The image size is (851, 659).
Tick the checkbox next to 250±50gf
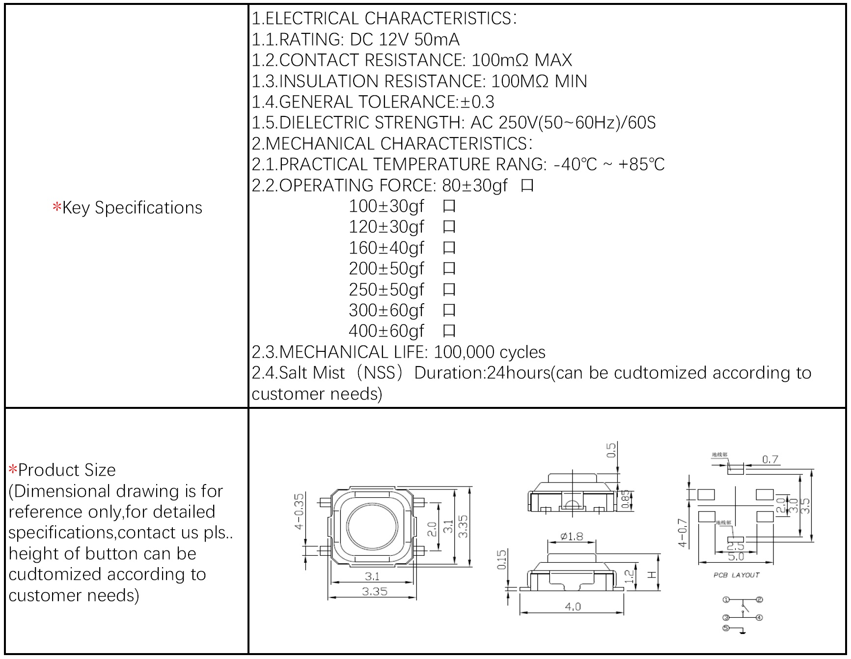449,290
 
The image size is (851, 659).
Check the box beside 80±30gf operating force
527,186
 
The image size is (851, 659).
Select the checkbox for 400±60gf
449,331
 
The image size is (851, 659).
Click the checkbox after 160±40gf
449,248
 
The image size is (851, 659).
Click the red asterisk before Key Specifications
57,207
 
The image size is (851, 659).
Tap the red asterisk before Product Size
13,469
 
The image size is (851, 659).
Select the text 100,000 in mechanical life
464,352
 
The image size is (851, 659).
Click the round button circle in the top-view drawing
372,526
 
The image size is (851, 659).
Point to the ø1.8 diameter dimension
572,536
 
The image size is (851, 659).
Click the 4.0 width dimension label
573,606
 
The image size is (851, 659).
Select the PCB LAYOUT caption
736,575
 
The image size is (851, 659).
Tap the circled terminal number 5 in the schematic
726,628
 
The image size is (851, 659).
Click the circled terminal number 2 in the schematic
759,600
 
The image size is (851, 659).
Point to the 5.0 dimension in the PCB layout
736,557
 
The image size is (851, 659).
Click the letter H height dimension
652,574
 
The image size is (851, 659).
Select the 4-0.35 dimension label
299,512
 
